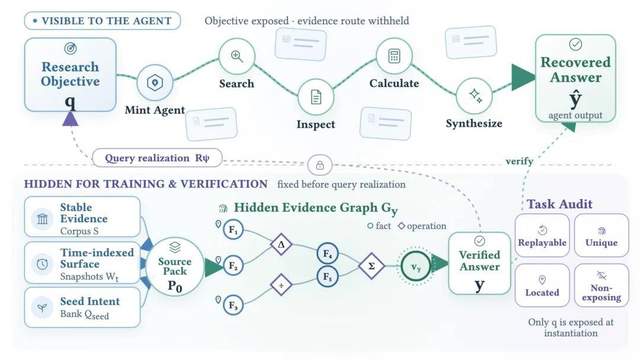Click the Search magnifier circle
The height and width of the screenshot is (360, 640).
237,56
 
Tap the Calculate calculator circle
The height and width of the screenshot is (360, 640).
394,56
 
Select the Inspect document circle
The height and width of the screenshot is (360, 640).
316,97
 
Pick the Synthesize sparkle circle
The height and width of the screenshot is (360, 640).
474,96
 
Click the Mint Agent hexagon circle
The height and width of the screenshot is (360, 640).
155,82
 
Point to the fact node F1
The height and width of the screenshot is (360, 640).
233,230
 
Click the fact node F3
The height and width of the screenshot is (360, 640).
233,305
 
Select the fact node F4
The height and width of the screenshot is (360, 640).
327,253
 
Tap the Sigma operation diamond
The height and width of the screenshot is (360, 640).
371,266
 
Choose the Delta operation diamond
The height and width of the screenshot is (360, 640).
281,244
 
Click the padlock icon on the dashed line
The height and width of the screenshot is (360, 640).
320,165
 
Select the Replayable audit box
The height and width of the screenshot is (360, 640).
542,235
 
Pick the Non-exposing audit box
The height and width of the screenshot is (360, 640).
601,285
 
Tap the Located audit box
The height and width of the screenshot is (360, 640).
542,285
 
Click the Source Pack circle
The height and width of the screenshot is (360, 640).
175,267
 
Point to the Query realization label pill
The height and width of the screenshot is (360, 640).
158,158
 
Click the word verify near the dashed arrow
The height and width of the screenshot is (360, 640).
519,161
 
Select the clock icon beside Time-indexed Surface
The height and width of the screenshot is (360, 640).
42,264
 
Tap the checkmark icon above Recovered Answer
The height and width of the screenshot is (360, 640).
576,44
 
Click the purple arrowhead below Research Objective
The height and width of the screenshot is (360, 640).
71,118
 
